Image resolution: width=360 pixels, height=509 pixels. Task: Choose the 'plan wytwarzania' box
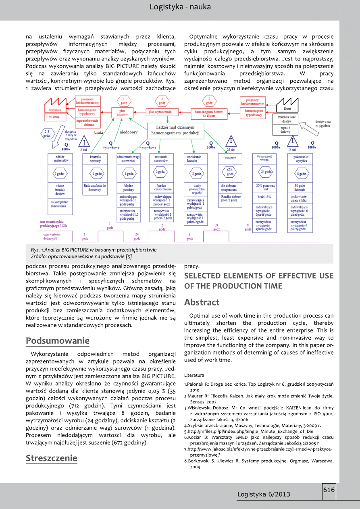click(x=160, y=112)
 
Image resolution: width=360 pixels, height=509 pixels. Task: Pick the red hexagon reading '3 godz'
click(x=162, y=100)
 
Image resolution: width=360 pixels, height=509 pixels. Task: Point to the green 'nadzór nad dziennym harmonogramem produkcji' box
click(x=175, y=130)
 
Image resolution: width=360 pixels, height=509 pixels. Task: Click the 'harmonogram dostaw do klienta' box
click(x=209, y=113)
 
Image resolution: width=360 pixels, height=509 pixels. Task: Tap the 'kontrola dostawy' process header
click(x=95, y=159)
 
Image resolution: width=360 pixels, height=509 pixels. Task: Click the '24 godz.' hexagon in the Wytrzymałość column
click(x=264, y=172)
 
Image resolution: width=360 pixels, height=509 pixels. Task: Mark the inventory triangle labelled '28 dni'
click(x=231, y=141)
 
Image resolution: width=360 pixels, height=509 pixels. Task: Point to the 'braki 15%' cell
click(x=264, y=197)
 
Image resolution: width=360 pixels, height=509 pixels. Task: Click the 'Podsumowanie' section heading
click(x=57, y=341)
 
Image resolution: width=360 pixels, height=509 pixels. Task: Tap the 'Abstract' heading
click(x=202, y=302)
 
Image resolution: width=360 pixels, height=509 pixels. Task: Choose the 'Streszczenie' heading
click(x=51, y=458)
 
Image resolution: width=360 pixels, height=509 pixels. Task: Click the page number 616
click(x=329, y=490)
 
